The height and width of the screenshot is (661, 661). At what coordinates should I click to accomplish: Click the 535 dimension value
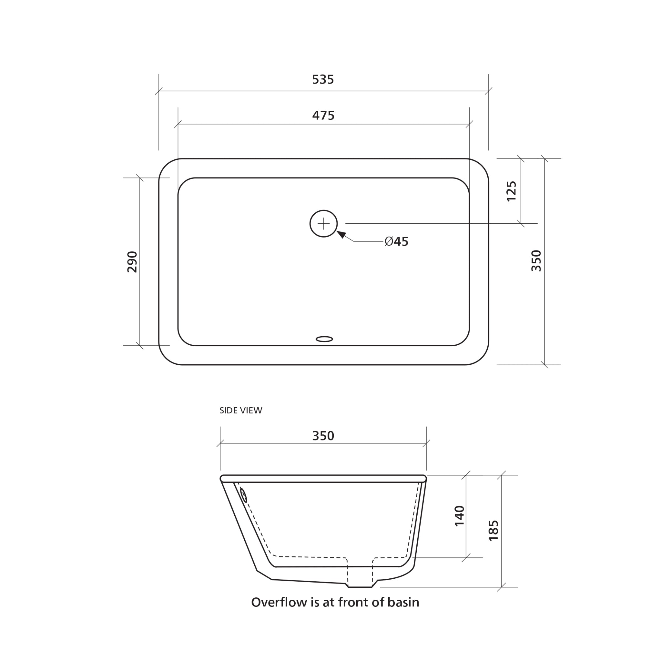(x=323, y=79)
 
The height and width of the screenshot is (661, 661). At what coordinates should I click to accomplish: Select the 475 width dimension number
(x=323, y=116)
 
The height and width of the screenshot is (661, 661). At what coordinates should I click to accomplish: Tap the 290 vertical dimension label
(x=132, y=262)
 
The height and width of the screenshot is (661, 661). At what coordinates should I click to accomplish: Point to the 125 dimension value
(x=511, y=191)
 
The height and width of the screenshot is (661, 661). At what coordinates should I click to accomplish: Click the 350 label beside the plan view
(x=536, y=261)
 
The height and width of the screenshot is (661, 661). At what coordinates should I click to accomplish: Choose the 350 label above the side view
(x=323, y=436)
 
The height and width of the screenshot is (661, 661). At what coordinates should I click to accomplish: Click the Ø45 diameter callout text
(x=397, y=241)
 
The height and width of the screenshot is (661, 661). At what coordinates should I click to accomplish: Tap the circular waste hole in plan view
(x=323, y=224)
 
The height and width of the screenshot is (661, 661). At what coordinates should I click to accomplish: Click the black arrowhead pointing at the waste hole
(x=342, y=234)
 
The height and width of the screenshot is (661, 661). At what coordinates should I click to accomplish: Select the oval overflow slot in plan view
(x=324, y=339)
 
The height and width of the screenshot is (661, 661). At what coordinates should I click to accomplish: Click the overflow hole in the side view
(x=244, y=495)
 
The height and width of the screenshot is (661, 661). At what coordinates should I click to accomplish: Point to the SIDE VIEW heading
(x=240, y=411)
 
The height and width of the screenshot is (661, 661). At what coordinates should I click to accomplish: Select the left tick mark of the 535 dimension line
(x=159, y=91)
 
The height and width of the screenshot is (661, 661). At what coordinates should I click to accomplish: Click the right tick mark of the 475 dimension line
(x=469, y=124)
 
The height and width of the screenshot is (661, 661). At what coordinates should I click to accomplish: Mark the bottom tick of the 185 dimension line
(x=501, y=587)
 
